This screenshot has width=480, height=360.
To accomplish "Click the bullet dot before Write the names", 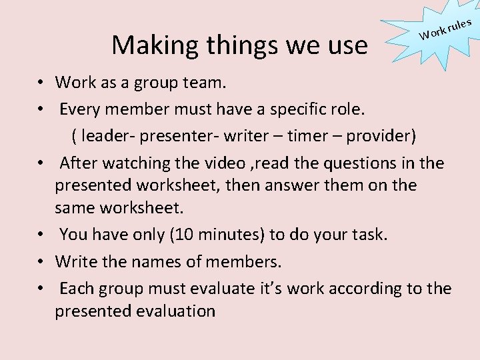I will click(41, 262).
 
